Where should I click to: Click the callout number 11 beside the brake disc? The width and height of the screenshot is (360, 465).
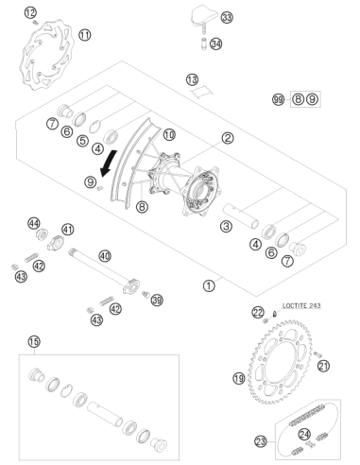pos(84,34)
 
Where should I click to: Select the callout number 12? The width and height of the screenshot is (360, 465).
pos(30,13)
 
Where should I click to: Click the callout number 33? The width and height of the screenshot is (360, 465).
pos(227,17)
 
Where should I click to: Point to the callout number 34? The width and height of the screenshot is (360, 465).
pos(215,43)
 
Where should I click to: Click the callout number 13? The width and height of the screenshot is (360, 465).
pos(192,79)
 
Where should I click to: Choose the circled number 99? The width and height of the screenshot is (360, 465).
pos(278,100)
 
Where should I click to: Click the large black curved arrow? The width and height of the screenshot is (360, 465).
pos(108,163)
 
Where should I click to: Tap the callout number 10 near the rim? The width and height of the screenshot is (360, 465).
pos(169,135)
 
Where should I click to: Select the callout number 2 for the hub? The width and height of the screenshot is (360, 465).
pos(228,138)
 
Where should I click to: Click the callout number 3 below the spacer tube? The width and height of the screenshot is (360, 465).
pos(226,226)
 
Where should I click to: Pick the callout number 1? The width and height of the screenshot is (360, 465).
pos(209,285)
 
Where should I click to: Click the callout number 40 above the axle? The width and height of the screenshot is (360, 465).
pos(105,255)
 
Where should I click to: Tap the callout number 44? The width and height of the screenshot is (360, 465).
pos(34,223)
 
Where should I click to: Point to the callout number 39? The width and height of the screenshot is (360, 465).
pos(157,300)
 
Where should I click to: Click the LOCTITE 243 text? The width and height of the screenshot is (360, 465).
pos(301,305)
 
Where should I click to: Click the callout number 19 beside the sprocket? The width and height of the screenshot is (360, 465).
pos(239,378)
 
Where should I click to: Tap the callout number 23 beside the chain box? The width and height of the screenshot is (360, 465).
pos(261,441)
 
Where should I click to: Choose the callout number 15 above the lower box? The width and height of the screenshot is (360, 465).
pos(34,341)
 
